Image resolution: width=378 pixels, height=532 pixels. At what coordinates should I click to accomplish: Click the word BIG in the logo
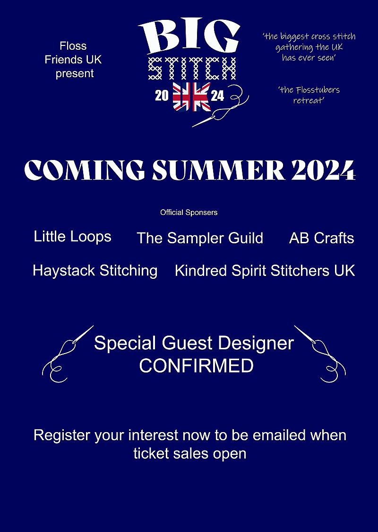coord(189,36)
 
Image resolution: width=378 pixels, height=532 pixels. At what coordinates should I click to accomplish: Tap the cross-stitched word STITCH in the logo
coord(192,69)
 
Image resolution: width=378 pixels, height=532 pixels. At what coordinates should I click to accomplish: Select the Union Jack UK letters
coord(192,97)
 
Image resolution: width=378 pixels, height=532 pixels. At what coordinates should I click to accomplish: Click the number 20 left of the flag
coord(162,96)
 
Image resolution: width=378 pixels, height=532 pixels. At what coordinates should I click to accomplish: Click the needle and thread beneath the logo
coord(221,107)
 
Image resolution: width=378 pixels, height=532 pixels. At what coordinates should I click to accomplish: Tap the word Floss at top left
coord(73,46)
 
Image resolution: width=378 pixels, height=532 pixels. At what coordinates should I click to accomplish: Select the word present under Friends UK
coord(75,74)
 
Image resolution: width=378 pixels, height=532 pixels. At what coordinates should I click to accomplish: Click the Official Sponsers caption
coord(189,213)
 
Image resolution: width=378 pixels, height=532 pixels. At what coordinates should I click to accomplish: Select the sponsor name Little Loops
coord(72,237)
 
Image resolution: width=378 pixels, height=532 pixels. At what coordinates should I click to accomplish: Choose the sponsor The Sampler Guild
coord(200,238)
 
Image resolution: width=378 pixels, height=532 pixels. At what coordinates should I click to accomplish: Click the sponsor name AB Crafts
coord(321,238)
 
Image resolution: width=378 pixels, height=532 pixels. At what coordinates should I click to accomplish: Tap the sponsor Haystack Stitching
coord(95,271)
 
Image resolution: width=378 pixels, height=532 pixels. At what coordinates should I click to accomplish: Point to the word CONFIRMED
coord(197,366)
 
